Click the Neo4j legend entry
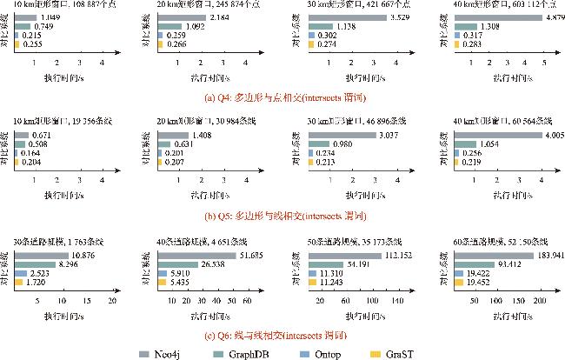tap(159, 352)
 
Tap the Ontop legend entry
tap(329, 352)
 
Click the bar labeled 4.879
tap(477, 17)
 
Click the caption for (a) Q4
tap(282, 97)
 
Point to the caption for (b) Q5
tap(282, 215)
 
